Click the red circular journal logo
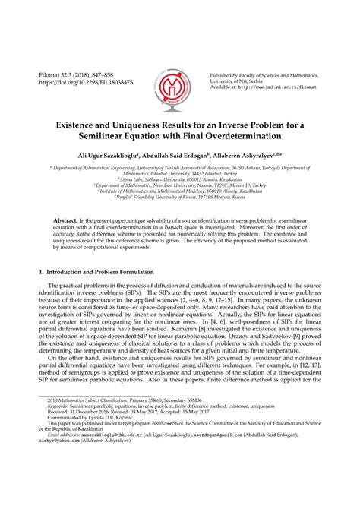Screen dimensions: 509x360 click(179, 82)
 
